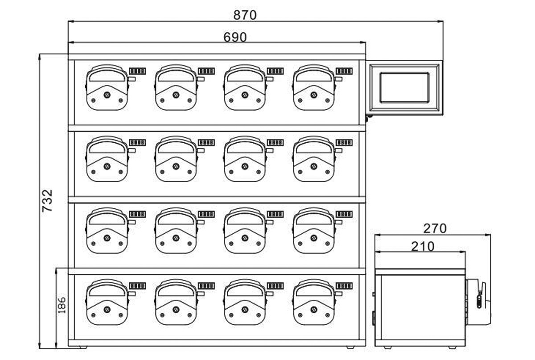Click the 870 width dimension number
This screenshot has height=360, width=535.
click(245, 15)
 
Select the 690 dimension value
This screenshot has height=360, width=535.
click(235, 37)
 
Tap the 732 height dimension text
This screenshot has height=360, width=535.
click(47, 201)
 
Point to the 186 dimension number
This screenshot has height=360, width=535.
click(62, 305)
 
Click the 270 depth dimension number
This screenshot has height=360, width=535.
click(435, 228)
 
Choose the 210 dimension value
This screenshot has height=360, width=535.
click(423, 246)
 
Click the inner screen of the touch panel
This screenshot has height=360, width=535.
click(404, 88)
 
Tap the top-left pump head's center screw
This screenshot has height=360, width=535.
click(107, 95)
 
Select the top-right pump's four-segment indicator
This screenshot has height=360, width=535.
click(344, 71)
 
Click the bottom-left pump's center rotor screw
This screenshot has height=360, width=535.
click(107, 310)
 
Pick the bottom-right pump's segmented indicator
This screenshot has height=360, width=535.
click(344, 286)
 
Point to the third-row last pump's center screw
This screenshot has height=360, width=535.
click(314, 238)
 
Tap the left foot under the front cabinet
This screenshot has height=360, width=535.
click(83, 348)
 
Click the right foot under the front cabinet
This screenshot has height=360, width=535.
click(350, 348)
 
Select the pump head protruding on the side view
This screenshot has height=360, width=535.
click(478, 302)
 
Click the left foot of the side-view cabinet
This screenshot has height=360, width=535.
click(387, 348)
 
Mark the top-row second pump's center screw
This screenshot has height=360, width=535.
click(176, 95)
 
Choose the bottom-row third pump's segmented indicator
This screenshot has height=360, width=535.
click(275, 286)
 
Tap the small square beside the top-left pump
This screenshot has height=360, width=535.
click(132, 79)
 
